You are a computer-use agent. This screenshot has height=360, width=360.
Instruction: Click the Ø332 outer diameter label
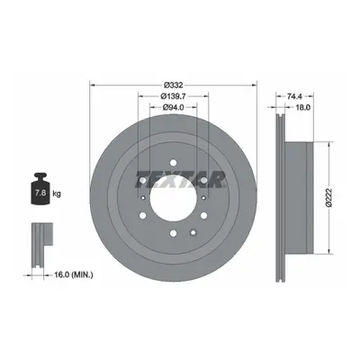pos(174,85)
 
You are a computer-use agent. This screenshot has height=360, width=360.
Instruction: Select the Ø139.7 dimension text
pos(174,96)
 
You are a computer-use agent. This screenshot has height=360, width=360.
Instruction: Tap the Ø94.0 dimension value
pos(174,107)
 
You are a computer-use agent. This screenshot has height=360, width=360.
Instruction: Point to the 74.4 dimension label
pos(294,96)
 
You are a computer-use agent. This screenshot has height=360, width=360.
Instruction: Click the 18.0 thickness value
pos(303,107)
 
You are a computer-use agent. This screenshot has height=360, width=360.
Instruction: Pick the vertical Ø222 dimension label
pos(328,197)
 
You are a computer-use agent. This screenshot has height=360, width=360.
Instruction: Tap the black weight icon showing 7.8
pos(40,189)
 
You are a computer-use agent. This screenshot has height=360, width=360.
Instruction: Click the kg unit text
pos(57,193)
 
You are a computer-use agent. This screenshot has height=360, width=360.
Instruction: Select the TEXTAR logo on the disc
pos(181,179)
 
